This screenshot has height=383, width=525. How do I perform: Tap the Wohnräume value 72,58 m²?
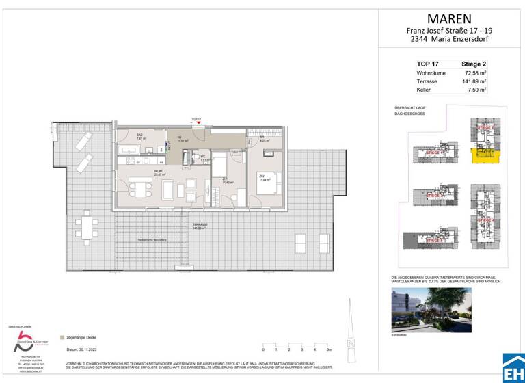point(475,72)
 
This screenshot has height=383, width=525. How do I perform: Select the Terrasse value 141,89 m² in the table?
point(474,81)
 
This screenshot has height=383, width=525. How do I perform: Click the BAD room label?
point(139,135)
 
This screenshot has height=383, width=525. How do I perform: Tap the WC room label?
point(203,157)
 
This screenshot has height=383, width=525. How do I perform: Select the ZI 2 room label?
point(261,176)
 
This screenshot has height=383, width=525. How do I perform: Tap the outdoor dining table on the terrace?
point(86,225)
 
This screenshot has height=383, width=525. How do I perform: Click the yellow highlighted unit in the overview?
point(484,158)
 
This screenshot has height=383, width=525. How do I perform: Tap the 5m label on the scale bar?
point(329,349)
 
